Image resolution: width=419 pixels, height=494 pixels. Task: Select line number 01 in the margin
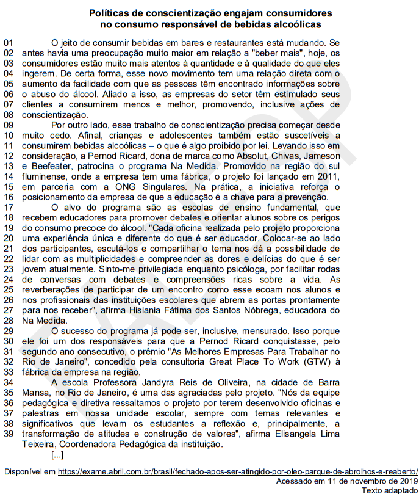(x=8, y=43)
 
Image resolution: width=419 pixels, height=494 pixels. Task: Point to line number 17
(x=8, y=207)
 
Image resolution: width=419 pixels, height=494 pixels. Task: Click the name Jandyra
(x=155, y=382)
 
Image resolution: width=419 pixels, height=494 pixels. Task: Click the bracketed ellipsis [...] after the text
(x=57, y=454)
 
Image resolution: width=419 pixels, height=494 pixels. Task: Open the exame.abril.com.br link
(x=238, y=472)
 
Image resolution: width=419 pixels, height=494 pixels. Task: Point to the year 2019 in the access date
(x=406, y=481)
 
